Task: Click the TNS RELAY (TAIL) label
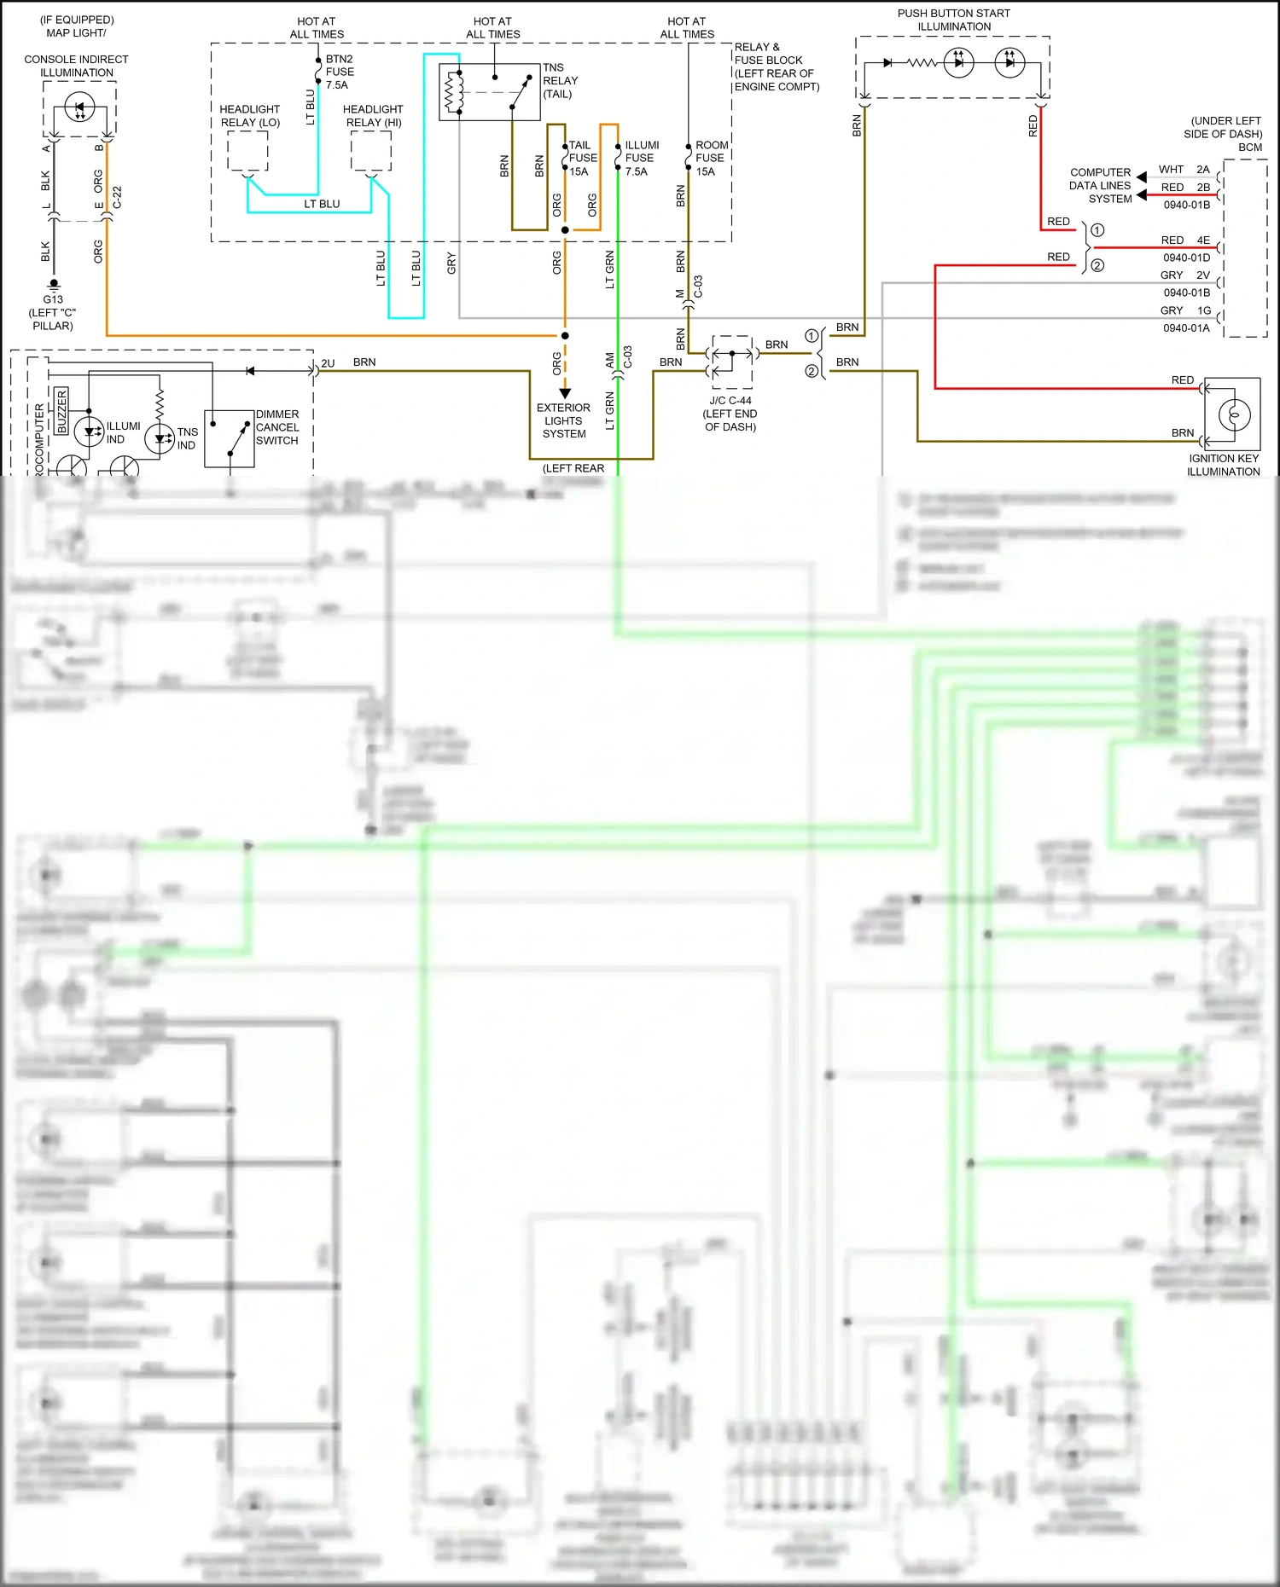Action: [560, 80]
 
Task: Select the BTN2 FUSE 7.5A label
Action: [340, 72]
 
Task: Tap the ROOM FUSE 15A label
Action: [711, 158]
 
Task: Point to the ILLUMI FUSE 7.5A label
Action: [641, 158]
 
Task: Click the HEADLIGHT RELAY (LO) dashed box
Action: [247, 153]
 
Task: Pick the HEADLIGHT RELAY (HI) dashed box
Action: [371, 153]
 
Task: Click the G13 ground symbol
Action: [54, 285]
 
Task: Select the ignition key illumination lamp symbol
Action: [1234, 414]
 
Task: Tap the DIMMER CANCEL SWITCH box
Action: [229, 438]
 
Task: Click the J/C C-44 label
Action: [730, 400]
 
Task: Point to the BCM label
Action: [1250, 148]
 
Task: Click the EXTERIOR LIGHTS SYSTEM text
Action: [563, 420]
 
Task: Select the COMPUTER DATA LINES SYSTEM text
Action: [1100, 185]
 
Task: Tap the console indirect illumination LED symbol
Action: [79, 109]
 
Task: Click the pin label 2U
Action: [328, 363]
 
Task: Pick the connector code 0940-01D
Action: [1186, 258]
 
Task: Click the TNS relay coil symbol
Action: [453, 92]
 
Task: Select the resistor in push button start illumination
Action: [922, 62]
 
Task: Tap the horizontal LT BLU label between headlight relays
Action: [322, 204]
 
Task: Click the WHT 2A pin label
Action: [1184, 170]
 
